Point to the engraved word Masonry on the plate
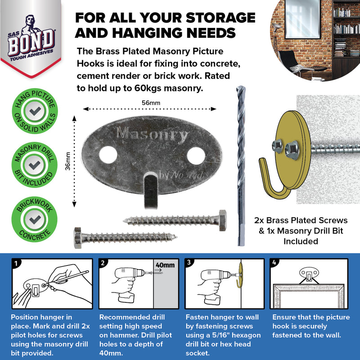(x=152, y=134)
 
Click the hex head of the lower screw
(x=78, y=237)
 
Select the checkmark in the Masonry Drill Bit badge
(x=34, y=165)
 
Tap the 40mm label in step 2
(x=165, y=265)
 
